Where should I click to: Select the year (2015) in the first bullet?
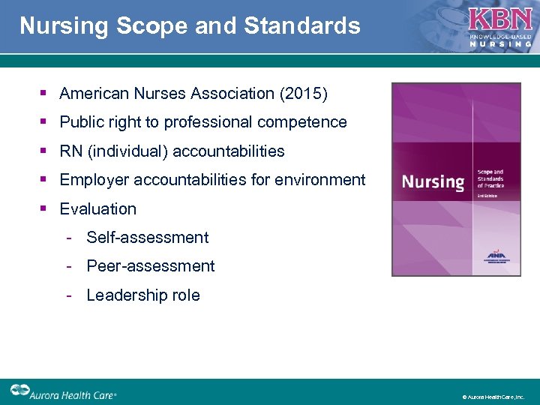tap(303, 94)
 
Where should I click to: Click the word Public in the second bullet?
tap(82, 122)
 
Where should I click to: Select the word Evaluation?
tap(98, 209)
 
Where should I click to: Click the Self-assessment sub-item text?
tap(148, 238)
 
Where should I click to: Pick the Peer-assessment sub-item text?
tap(151, 266)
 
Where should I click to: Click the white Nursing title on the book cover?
tap(433, 181)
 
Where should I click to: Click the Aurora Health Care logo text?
tap(73, 393)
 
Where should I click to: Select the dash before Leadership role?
tap(68, 295)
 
